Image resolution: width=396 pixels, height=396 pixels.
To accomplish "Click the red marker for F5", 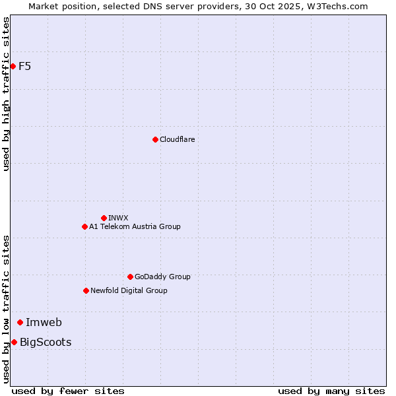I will click(x=13, y=66).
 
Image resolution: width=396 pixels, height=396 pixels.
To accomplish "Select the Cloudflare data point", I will click(x=155, y=139).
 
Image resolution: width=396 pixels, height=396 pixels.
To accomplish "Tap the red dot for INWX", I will click(x=104, y=218).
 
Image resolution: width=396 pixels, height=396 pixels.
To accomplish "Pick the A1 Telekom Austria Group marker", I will click(x=84, y=226).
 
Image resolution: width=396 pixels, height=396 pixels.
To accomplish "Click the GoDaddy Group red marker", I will click(x=130, y=277).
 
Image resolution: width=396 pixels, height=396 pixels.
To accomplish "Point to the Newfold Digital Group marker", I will click(x=86, y=290).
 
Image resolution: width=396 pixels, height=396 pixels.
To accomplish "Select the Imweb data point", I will click(x=20, y=322).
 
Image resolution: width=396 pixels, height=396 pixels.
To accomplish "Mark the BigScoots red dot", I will click(x=14, y=342).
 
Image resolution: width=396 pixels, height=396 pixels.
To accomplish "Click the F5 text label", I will click(x=25, y=66).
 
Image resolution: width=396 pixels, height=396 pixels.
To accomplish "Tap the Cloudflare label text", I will click(x=177, y=139).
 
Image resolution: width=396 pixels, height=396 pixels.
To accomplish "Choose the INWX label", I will click(x=118, y=218).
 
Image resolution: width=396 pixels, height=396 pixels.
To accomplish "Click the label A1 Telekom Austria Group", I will click(x=135, y=226).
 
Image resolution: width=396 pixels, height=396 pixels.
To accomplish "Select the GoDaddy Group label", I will click(x=162, y=277).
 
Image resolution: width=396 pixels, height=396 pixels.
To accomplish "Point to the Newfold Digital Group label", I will click(x=129, y=290).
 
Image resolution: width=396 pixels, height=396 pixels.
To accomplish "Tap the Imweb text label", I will click(x=44, y=322).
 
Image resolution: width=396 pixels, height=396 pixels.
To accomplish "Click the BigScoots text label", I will click(x=46, y=342).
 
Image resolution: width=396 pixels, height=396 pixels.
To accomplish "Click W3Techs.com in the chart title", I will click(x=337, y=6).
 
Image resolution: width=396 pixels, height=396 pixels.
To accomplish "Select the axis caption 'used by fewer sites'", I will click(x=68, y=391).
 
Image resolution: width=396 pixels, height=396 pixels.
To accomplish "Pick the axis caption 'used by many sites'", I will click(x=331, y=391).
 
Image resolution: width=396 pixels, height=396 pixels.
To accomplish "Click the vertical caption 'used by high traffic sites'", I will click(x=7, y=94).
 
